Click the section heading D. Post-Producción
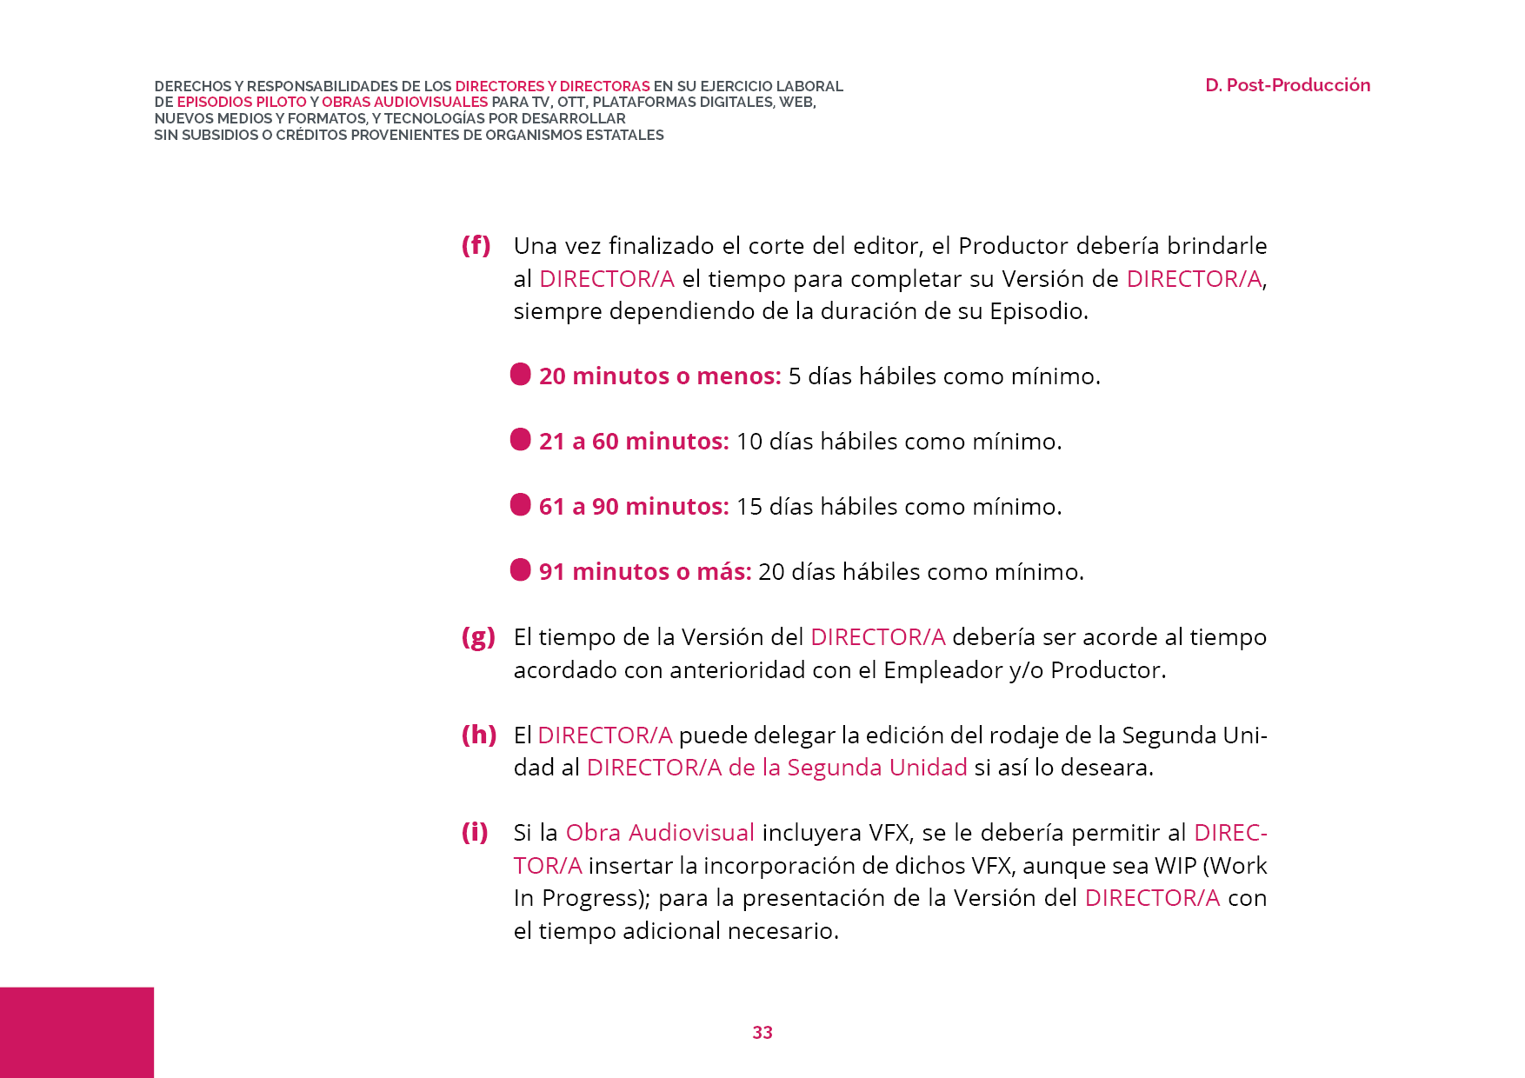point(1287,85)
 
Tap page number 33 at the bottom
point(762,1032)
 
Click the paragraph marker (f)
point(476,245)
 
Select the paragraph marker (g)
point(477,637)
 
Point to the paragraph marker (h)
point(478,735)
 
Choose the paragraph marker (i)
point(475,832)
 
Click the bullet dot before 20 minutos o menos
point(520,374)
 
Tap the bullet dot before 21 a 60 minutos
point(520,439)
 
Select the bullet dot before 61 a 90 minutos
point(520,504)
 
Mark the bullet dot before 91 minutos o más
point(520,569)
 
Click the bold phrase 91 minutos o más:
point(644,572)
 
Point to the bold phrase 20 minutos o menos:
point(659,376)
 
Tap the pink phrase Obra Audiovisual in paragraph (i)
point(660,833)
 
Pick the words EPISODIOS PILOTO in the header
point(241,102)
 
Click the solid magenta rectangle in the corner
point(77,1032)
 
